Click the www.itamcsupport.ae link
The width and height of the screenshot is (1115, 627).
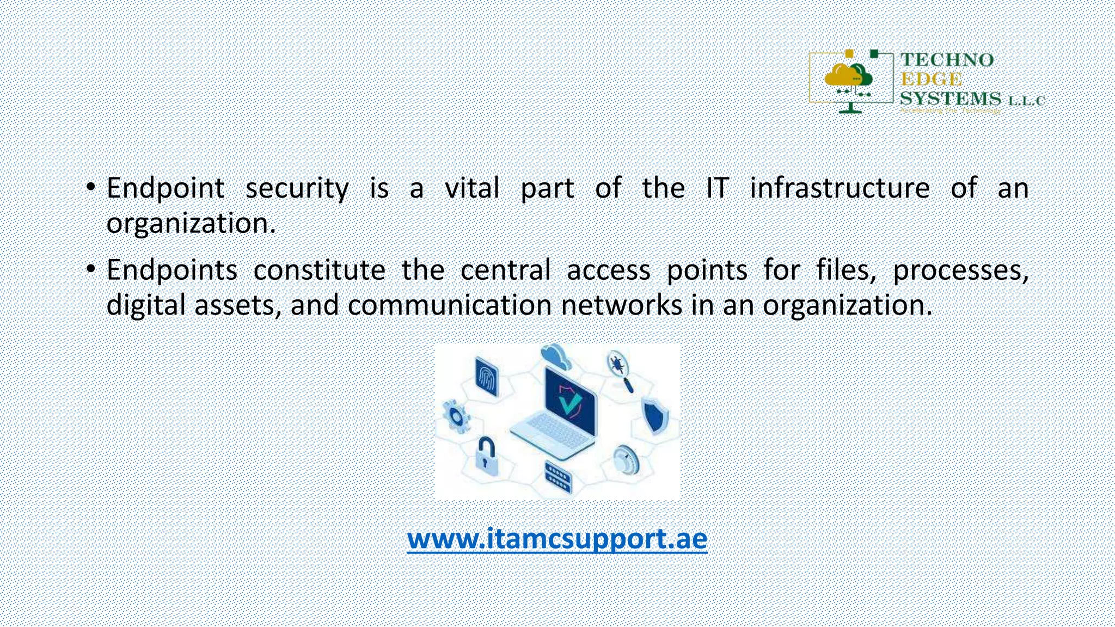(557, 538)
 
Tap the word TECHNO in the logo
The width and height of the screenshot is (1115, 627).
(947, 60)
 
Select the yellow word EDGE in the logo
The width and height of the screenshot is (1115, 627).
(931, 79)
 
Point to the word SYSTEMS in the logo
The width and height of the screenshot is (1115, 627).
(950, 99)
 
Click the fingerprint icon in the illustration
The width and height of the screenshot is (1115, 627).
(487, 377)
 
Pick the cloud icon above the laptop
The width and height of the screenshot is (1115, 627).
(556, 356)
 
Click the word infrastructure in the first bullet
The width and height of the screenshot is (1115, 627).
(840, 188)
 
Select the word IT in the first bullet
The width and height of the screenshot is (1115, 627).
(717, 188)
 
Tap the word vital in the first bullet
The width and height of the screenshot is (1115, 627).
(472, 188)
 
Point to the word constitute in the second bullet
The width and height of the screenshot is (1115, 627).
(319, 270)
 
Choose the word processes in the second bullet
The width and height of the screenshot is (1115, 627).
(960, 271)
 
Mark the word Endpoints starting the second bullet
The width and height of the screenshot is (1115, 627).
(171, 270)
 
